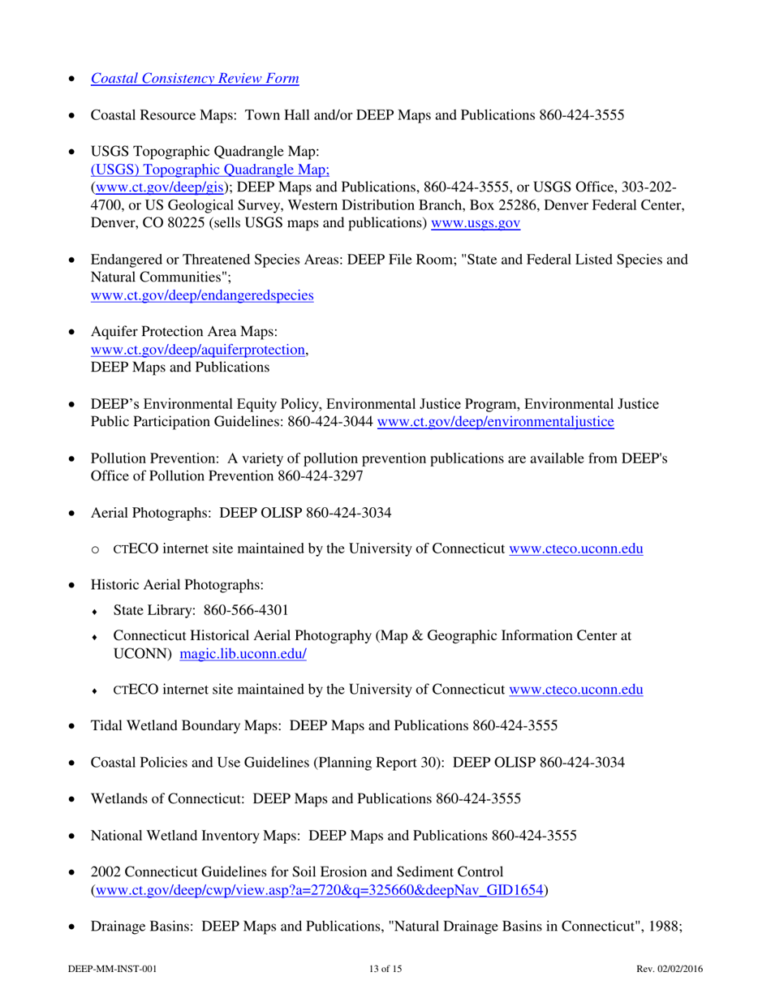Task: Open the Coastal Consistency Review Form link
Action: (195, 79)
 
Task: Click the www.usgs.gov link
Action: (475, 222)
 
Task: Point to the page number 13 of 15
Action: (385, 969)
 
